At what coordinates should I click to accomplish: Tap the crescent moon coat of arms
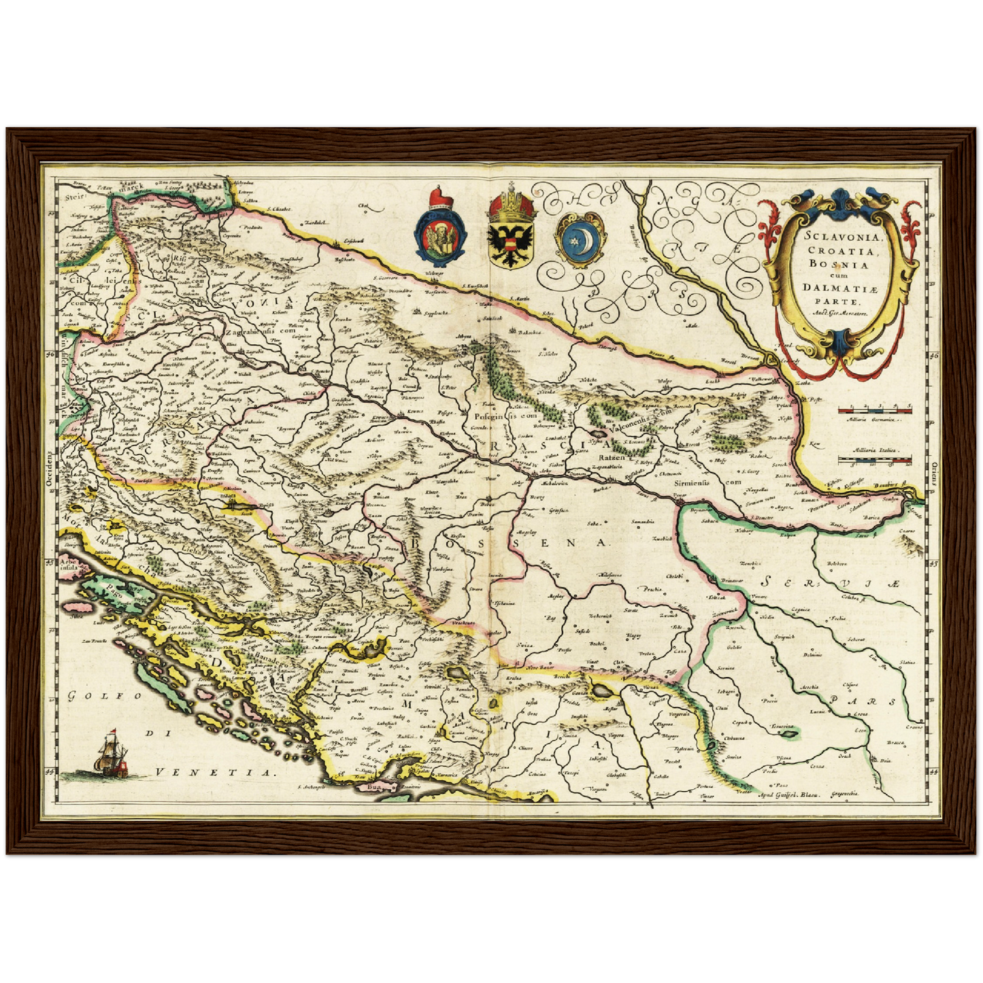tap(579, 239)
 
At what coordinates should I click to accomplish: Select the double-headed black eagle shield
tap(510, 239)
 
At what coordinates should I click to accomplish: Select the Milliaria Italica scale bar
tap(874, 461)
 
